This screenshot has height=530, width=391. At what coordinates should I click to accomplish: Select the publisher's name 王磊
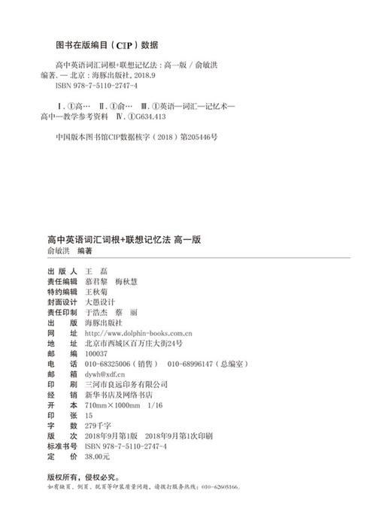[96, 271]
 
